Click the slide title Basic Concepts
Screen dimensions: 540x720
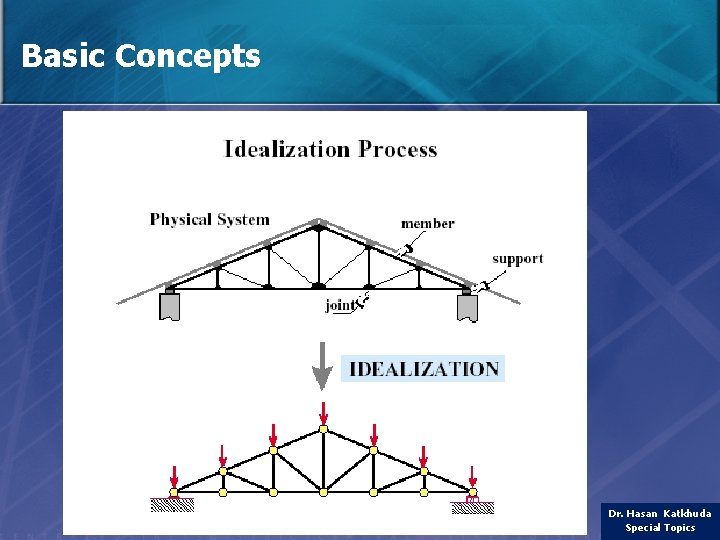tap(140, 56)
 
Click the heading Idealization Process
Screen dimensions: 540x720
tap(330, 150)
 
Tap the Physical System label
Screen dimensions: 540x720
tap(209, 219)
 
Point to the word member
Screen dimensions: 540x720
tap(427, 223)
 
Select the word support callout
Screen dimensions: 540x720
tap(517, 258)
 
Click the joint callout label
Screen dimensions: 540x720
tap(340, 306)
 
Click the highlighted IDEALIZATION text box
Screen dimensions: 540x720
tap(423, 369)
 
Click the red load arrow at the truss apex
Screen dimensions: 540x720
tap(323, 412)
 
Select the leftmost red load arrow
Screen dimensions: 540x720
tap(173, 475)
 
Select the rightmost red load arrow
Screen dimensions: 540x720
tap(472, 475)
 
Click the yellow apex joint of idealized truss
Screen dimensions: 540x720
tap(323, 429)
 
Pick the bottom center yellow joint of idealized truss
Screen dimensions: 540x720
tap(323, 492)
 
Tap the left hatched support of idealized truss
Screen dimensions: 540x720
tap(172, 506)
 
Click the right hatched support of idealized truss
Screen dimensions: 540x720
tap(473, 506)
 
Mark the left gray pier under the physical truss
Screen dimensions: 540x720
tap(169, 307)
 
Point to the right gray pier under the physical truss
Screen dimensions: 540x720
tap(467, 307)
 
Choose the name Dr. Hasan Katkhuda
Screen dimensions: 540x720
tap(659, 513)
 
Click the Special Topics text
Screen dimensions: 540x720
tap(659, 528)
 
